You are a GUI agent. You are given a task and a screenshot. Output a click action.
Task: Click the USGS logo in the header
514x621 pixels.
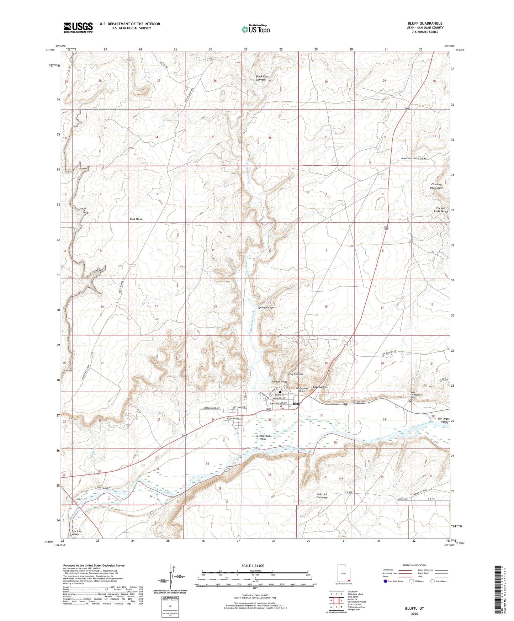(78, 27)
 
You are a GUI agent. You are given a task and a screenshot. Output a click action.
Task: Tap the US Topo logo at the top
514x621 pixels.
(255, 29)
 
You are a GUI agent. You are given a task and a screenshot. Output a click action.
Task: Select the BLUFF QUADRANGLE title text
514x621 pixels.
(425, 23)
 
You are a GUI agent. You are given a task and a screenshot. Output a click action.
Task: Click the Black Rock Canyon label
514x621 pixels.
(262, 78)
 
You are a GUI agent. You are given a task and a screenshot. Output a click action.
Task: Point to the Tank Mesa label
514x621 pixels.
(136, 219)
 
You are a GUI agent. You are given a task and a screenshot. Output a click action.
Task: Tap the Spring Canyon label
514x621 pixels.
(266, 307)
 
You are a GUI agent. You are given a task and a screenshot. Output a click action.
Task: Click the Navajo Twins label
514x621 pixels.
(279, 382)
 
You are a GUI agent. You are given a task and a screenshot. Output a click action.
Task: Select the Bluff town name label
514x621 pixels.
(297, 404)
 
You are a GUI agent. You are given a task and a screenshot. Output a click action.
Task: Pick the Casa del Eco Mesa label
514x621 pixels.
(322, 496)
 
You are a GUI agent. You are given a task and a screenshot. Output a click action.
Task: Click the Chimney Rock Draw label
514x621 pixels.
(437, 186)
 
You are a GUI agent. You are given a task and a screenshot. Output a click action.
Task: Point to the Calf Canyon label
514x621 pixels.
(295, 374)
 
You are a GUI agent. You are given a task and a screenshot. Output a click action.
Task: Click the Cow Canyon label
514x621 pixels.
(320, 387)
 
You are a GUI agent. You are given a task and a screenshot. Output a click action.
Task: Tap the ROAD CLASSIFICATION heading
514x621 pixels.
(414, 565)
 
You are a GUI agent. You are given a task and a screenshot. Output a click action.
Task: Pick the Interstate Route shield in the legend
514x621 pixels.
(386, 581)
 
